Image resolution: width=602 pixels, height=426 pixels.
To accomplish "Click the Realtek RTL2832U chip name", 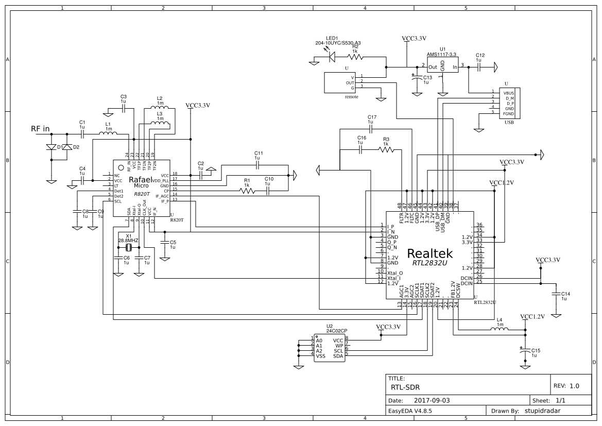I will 430,254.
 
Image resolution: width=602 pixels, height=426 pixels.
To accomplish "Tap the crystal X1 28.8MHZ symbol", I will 128,248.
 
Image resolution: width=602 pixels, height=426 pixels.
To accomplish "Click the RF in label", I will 40,129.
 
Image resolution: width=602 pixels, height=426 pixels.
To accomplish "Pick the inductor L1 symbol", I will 108,134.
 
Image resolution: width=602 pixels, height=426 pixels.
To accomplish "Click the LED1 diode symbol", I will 332,56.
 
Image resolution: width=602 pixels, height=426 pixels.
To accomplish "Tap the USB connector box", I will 509,103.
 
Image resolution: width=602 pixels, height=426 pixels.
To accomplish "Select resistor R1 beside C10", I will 247,191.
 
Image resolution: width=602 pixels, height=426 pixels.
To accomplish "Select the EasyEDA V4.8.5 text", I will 410,411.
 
